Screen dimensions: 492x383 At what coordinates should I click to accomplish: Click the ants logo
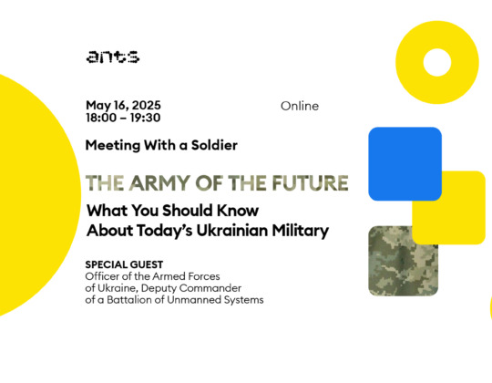pyautogui.click(x=113, y=57)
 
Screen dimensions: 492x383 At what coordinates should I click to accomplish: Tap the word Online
pyautogui.click(x=300, y=106)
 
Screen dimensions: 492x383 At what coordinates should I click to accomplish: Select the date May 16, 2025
pyautogui.click(x=123, y=106)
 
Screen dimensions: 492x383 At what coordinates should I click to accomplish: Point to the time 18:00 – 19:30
pyautogui.click(x=123, y=118)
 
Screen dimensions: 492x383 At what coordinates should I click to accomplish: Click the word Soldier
pyautogui.click(x=214, y=145)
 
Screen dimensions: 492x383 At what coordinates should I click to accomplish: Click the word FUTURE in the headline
pyautogui.click(x=311, y=183)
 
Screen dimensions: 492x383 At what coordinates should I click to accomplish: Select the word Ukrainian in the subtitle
pyautogui.click(x=232, y=231)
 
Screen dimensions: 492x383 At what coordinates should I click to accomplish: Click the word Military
pyautogui.click(x=301, y=232)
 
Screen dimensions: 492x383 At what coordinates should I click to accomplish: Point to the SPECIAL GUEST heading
pyautogui.click(x=124, y=264)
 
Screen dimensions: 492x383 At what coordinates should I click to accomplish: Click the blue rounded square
pyautogui.click(x=405, y=164)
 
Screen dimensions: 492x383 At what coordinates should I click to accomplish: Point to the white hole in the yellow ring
pyautogui.click(x=437, y=62)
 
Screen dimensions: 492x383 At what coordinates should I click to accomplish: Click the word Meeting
pyautogui.click(x=113, y=146)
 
